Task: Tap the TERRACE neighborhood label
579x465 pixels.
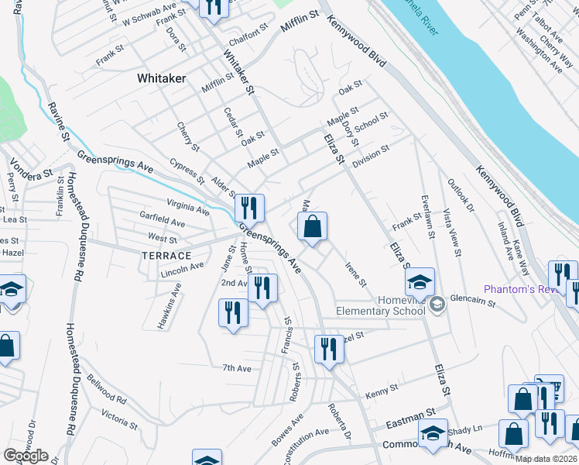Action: coord(166,255)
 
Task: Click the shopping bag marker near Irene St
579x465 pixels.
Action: coord(313,228)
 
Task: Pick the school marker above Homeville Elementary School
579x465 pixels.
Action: coord(420,282)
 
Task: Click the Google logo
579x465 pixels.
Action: coord(26,456)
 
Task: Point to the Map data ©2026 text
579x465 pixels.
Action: coord(546,459)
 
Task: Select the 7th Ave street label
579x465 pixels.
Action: coord(237,368)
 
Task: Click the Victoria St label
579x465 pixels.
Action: coord(118,421)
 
